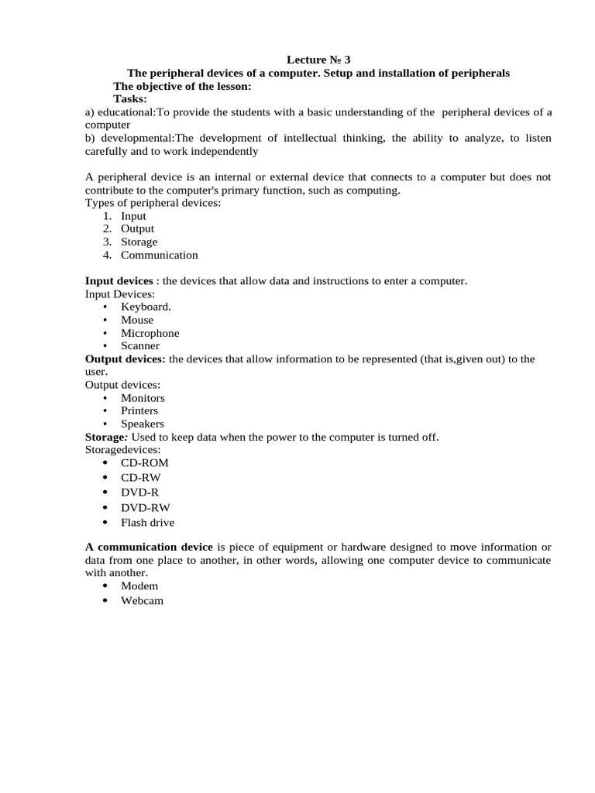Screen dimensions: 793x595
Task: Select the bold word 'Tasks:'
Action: [x=130, y=99]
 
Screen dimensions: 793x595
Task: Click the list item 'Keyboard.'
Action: [x=146, y=307]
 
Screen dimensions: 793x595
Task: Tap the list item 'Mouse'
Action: [x=137, y=320]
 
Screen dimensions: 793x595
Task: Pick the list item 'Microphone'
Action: [x=150, y=333]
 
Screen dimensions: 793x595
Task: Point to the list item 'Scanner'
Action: [x=140, y=346]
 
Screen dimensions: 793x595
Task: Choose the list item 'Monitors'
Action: [x=143, y=398]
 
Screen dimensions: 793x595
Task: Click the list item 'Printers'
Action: [x=139, y=411]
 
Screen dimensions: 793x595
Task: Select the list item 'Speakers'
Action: [x=143, y=424]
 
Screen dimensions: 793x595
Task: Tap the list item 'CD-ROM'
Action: [x=145, y=463]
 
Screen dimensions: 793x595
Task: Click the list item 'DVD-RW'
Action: [x=145, y=507]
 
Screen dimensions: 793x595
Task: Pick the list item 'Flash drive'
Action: [x=148, y=523]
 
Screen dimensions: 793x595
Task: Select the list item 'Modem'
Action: [x=139, y=586]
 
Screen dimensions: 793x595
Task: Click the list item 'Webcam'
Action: [x=142, y=601]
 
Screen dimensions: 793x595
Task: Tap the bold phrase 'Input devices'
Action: [x=119, y=280]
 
